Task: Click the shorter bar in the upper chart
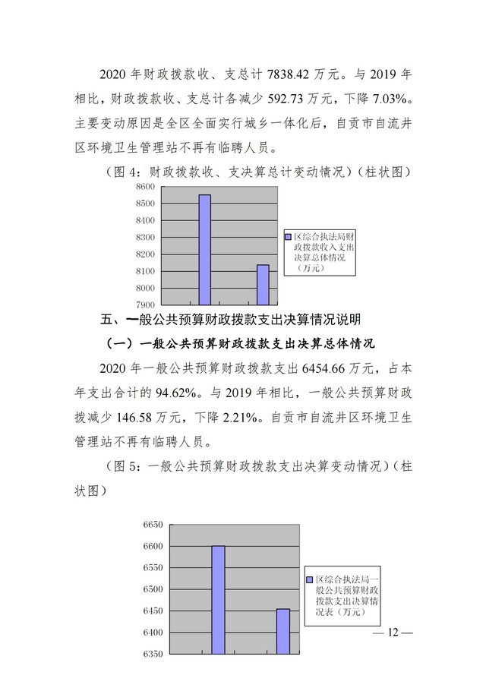[262, 285]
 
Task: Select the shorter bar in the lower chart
[282, 630]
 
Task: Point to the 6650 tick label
[153, 525]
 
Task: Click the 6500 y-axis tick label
[153, 589]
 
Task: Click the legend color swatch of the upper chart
[288, 237]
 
